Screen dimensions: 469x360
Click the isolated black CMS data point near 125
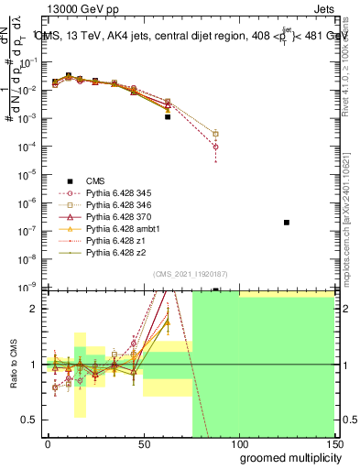tap(287, 223)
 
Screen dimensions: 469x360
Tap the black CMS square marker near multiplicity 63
tap(168, 117)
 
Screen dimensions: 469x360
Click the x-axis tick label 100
tap(239, 443)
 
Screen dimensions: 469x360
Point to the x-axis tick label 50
tap(144, 443)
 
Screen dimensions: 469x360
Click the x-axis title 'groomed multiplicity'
tap(289, 457)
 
